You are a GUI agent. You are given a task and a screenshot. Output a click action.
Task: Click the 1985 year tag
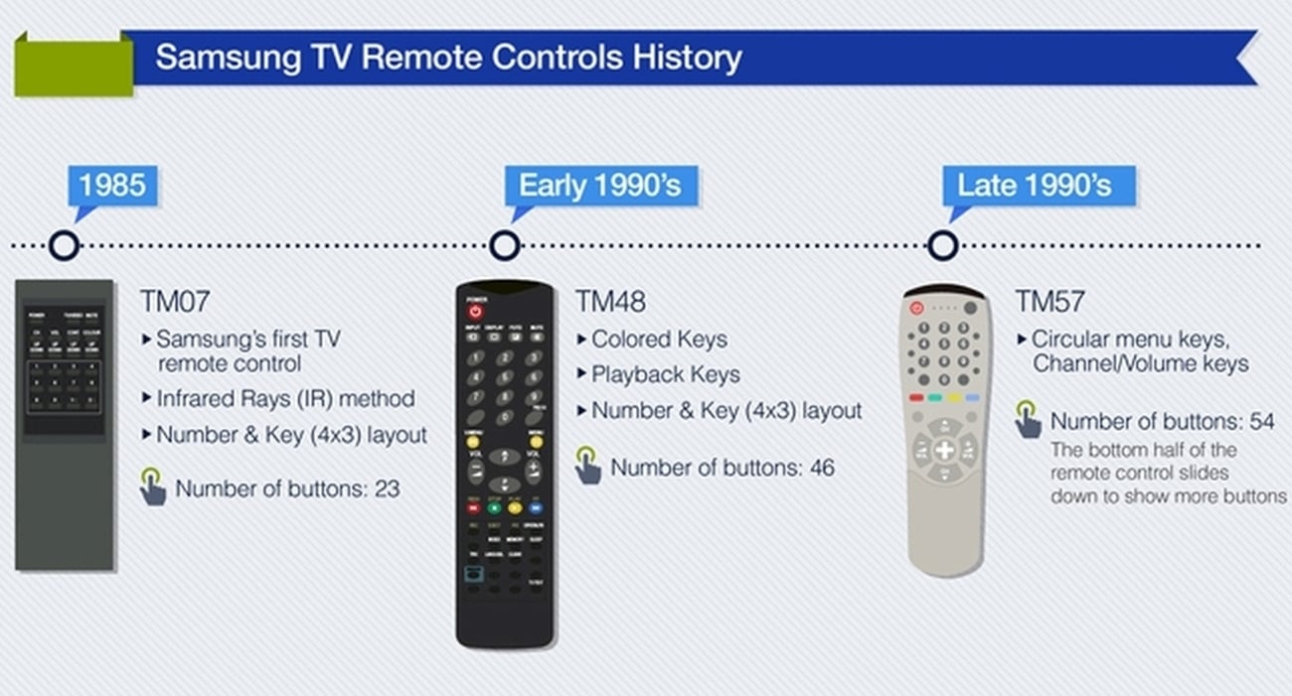tap(112, 186)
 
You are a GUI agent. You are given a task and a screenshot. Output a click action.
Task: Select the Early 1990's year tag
tap(600, 186)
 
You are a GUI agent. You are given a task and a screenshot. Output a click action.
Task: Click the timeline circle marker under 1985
tap(64, 245)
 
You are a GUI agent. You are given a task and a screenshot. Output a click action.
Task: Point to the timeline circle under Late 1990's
tap(942, 245)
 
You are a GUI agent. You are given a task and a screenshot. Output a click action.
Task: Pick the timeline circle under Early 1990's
tap(505, 245)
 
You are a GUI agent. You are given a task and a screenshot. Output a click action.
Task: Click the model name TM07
tap(175, 301)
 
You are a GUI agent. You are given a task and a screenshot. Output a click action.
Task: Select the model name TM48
tap(609, 301)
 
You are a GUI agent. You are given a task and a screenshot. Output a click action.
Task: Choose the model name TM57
tap(1050, 301)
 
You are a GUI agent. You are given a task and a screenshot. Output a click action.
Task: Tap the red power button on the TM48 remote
tap(475, 311)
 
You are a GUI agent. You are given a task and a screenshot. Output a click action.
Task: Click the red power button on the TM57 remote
tap(916, 309)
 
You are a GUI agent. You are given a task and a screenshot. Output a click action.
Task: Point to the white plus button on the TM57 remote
tap(944, 450)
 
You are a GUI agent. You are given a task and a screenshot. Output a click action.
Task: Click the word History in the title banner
tap(688, 58)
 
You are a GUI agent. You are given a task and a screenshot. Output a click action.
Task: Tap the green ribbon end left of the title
tap(73, 65)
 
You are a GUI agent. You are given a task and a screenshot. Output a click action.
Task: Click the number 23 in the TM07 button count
tap(386, 488)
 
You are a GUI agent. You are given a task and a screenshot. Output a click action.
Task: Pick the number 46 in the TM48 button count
tap(821, 467)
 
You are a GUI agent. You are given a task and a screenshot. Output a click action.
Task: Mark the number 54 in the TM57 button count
tap(1261, 421)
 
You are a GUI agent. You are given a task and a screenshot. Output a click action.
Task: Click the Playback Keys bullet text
tap(665, 374)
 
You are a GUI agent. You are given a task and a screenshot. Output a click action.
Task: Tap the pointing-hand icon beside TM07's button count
tap(152, 487)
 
